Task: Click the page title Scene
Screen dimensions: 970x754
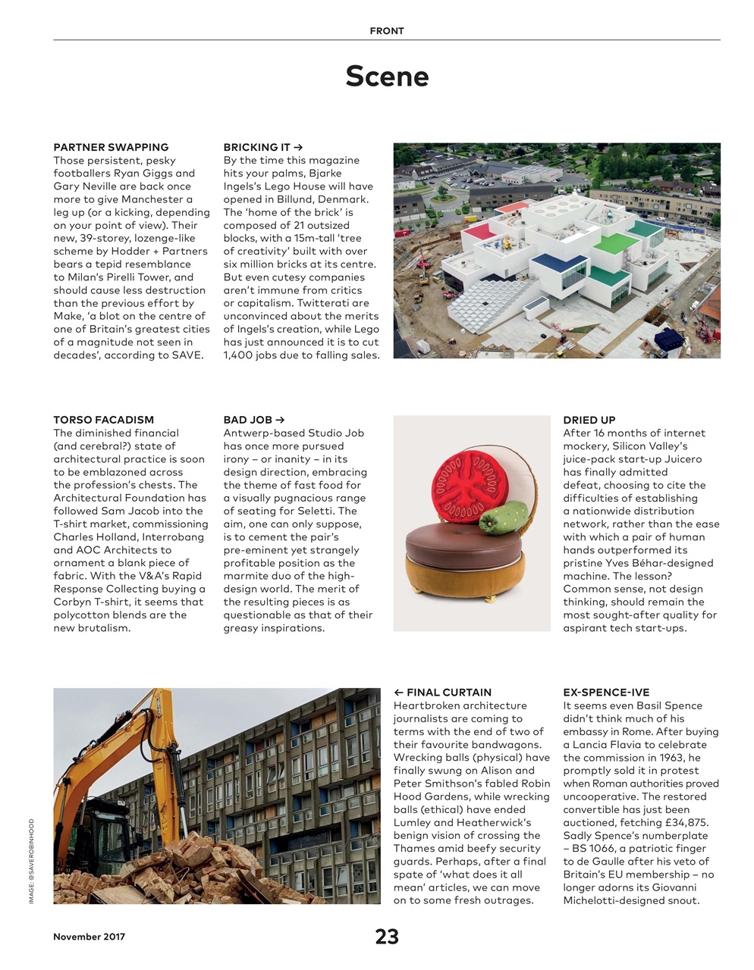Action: [387, 76]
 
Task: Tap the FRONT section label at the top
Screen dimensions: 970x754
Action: [387, 31]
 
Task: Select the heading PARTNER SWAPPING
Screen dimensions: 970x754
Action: [111, 147]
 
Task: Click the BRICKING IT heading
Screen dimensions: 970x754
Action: [262, 147]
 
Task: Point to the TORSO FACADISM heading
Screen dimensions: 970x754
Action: [103, 420]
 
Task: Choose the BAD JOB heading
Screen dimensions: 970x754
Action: [253, 420]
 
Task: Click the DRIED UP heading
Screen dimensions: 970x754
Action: [589, 420]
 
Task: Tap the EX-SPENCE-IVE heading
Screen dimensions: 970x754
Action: [606, 693]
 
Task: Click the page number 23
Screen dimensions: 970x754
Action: [387, 937]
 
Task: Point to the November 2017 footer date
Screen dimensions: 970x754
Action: [89, 937]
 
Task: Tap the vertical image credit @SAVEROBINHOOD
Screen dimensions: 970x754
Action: [32, 861]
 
